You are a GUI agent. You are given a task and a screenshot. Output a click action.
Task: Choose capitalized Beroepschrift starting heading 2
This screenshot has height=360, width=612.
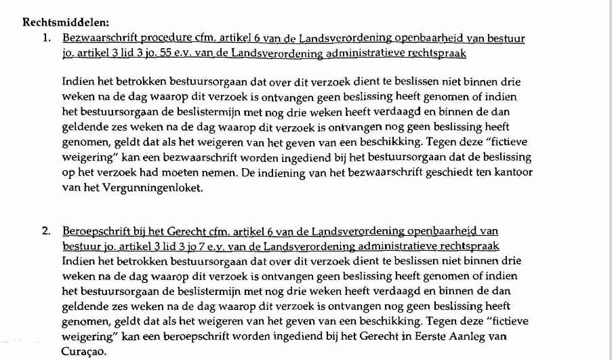[94, 231]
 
